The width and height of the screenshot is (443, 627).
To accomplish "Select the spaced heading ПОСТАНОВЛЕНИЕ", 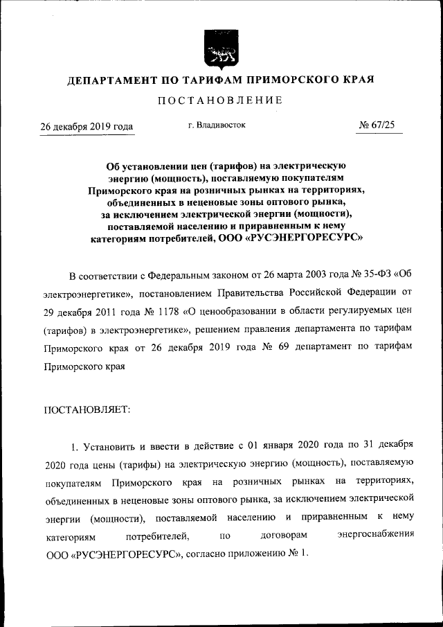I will pos(221,100).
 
